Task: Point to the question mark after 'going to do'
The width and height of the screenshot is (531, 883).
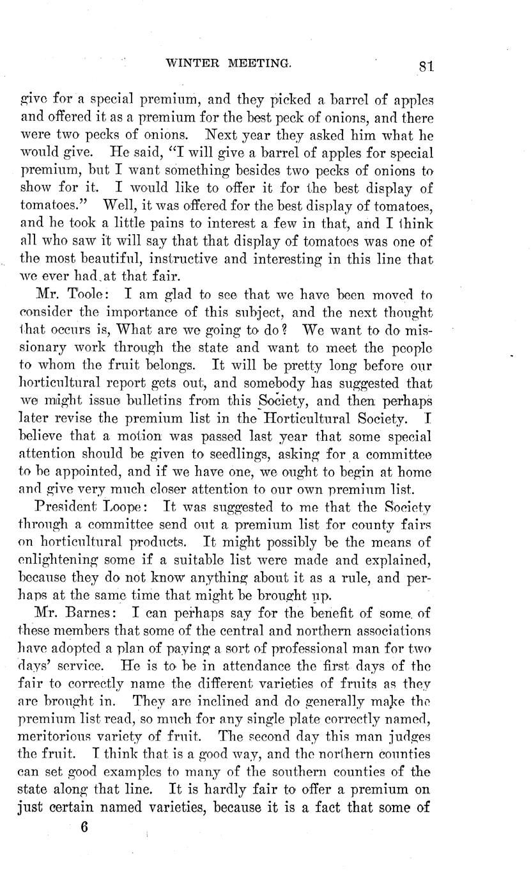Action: pyautogui.click(x=291, y=331)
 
